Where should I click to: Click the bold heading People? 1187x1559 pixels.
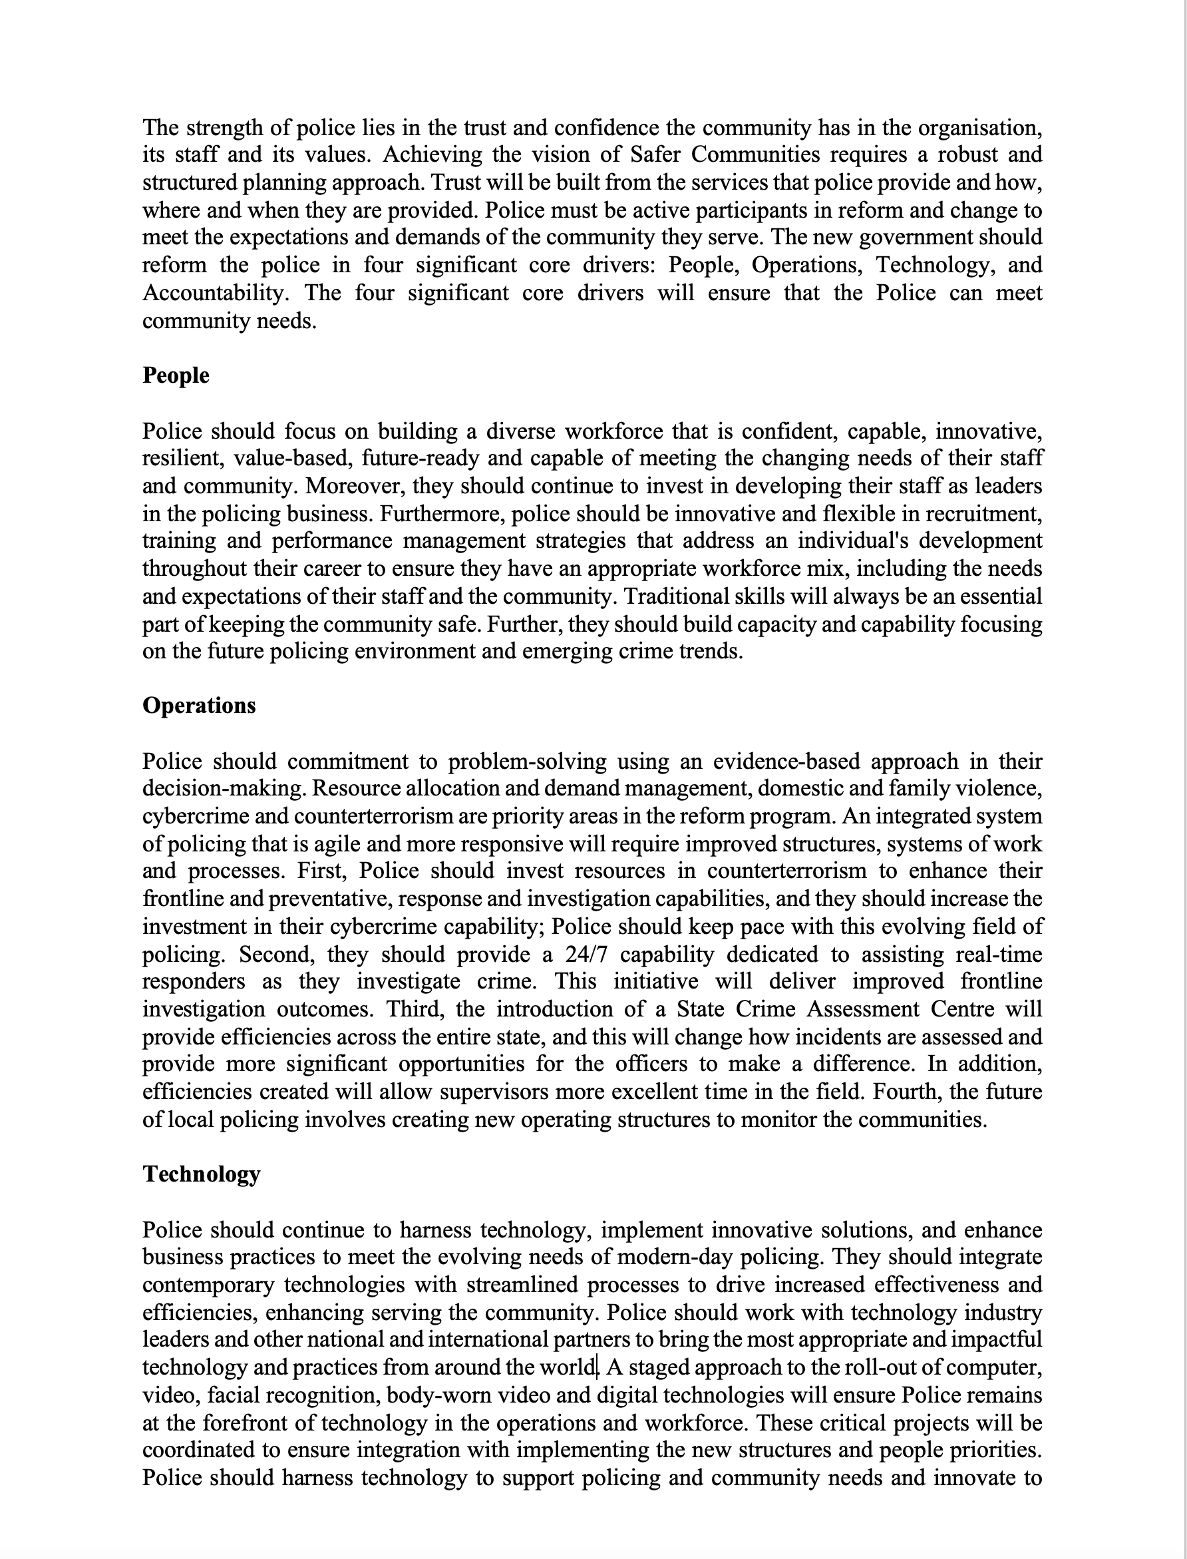tap(175, 375)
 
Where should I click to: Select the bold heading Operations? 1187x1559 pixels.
tap(198, 706)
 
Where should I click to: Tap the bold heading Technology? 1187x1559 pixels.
tap(202, 1174)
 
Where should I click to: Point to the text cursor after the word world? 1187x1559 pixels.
tap(597, 1367)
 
